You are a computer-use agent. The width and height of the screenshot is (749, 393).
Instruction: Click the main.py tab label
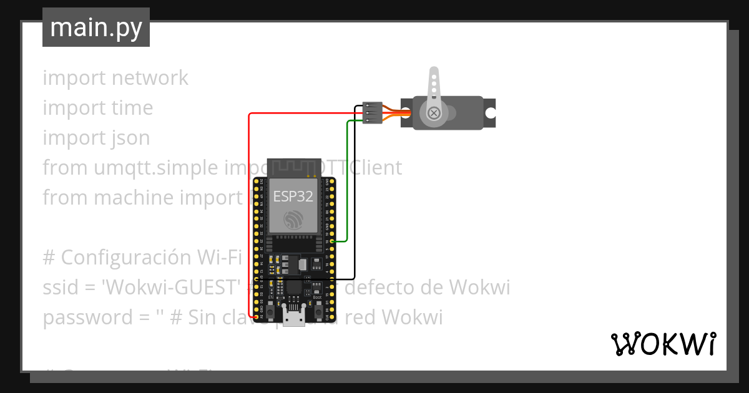(95, 28)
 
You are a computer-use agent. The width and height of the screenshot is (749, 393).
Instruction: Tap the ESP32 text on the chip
(293, 196)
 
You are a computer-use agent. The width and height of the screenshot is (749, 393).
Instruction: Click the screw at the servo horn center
(433, 113)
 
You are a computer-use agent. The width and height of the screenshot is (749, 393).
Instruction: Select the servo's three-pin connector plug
(372, 113)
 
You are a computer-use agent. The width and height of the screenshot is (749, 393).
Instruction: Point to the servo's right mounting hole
(491, 113)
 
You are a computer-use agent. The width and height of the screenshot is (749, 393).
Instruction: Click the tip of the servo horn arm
(433, 73)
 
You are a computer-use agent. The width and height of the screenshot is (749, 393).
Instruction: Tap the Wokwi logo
(663, 344)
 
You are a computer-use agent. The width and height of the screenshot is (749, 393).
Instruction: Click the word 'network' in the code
(150, 78)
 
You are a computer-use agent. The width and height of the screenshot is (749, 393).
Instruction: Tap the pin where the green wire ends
(332, 240)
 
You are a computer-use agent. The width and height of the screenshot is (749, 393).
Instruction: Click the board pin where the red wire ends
(255, 316)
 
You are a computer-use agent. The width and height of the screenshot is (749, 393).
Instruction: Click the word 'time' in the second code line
(132, 108)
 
